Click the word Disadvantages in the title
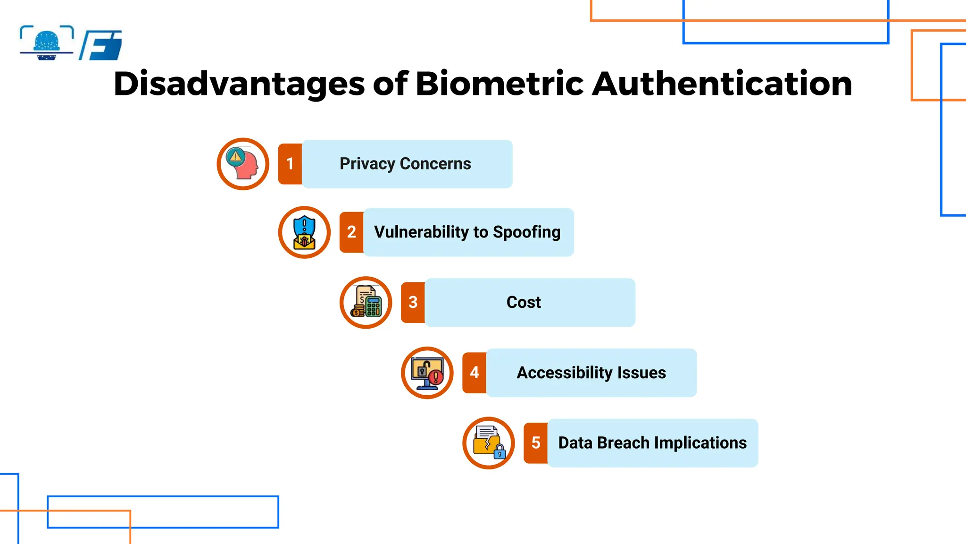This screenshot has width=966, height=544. (x=239, y=84)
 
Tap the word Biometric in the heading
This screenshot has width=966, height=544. (x=500, y=84)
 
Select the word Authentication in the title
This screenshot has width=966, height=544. (x=722, y=84)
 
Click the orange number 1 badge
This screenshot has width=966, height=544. (x=290, y=164)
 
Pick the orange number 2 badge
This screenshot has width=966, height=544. (x=351, y=232)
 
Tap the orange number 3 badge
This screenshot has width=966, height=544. (x=413, y=302)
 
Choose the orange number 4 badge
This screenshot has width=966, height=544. (x=474, y=373)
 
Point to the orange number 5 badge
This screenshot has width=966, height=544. (x=535, y=443)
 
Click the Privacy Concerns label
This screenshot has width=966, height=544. (x=405, y=164)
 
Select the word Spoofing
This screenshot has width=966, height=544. (x=526, y=232)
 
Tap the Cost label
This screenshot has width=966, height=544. (x=524, y=302)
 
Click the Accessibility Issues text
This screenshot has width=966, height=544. (x=591, y=373)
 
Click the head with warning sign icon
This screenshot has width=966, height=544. (x=243, y=164)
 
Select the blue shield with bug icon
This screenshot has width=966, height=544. (x=304, y=232)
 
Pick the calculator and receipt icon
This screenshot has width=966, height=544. (x=366, y=302)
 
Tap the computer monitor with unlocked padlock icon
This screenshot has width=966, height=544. (x=427, y=373)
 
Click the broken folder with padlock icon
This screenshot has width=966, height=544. (x=489, y=443)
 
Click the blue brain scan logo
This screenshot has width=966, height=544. (x=47, y=43)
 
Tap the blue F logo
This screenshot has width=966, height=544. (x=101, y=45)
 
